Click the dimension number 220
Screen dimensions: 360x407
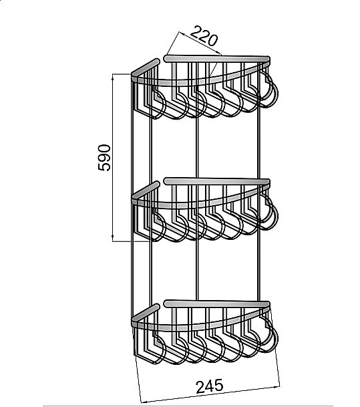(x=204, y=36)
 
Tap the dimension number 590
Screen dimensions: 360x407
(x=104, y=158)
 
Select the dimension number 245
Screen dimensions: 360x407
(x=209, y=386)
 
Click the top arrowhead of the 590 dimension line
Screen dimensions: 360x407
(x=113, y=76)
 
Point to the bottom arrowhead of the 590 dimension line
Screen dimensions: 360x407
(x=113, y=239)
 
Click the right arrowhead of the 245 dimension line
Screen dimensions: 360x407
(x=277, y=387)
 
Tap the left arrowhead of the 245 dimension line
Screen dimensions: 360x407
(x=143, y=401)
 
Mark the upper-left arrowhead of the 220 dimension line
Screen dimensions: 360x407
(x=181, y=33)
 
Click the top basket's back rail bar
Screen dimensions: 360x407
(x=217, y=58)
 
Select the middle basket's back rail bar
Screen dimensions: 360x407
(x=217, y=181)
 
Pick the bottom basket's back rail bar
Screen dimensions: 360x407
(x=217, y=303)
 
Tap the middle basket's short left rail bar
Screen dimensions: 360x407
(x=146, y=190)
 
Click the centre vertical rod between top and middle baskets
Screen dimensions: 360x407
(x=198, y=148)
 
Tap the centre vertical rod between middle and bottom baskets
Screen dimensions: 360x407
(x=198, y=270)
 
